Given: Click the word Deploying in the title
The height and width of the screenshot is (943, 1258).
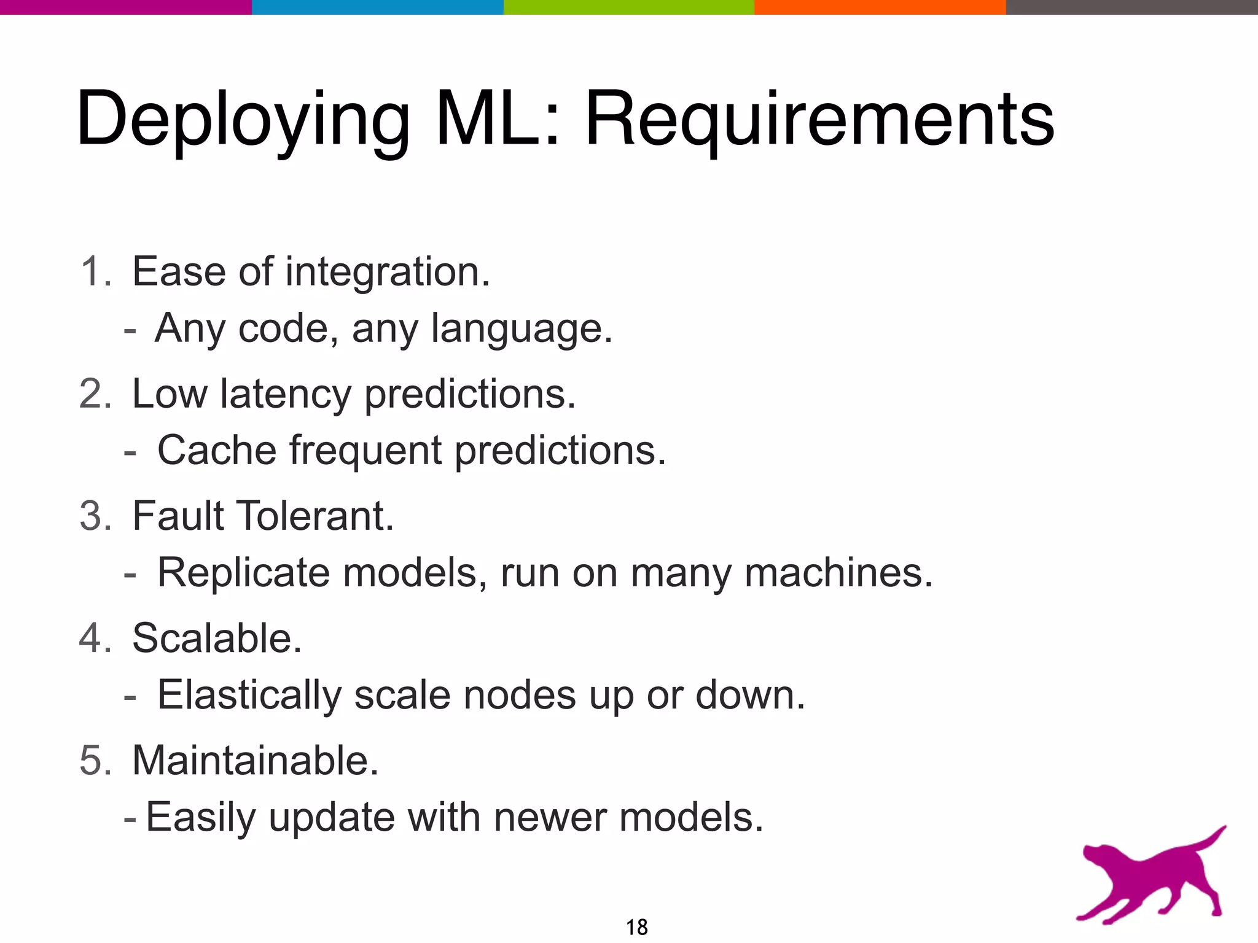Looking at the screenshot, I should (x=243, y=120).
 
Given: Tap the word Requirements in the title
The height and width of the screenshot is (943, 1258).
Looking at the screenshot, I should (x=819, y=120).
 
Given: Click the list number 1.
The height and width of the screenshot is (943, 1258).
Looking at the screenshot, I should (x=92, y=271).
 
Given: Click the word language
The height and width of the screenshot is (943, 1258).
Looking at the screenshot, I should (x=522, y=330).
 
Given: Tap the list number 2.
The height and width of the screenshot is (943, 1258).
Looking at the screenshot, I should (x=93, y=394).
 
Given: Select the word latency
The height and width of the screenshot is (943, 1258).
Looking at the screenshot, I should (x=286, y=394).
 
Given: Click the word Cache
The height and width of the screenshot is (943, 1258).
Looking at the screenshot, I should (x=217, y=450).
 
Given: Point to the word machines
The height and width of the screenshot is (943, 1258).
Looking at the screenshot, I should (x=838, y=573).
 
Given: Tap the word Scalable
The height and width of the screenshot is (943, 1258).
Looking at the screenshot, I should (x=217, y=638).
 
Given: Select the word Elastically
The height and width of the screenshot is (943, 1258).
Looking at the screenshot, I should (x=249, y=696).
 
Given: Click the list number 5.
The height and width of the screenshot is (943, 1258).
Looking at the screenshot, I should (x=93, y=761).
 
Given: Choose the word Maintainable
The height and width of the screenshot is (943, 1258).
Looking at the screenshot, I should (x=255, y=761).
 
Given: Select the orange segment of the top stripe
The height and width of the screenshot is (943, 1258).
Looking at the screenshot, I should (x=880, y=7).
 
